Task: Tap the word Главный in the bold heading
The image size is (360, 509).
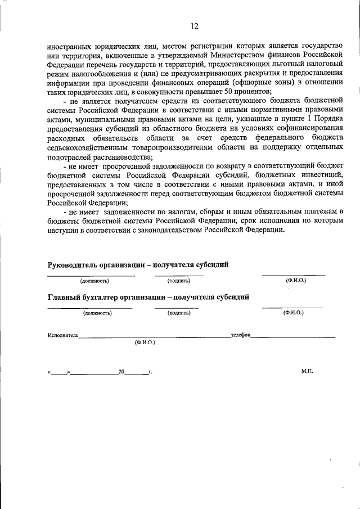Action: point(63,297)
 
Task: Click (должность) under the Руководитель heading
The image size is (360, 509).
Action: point(94,280)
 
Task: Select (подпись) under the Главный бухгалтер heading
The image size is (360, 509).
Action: point(178,312)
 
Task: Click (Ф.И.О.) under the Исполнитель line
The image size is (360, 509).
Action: point(145,343)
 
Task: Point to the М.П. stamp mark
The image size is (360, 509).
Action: point(307,372)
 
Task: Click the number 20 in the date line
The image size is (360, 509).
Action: point(121,372)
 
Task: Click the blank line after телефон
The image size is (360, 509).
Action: point(292,336)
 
